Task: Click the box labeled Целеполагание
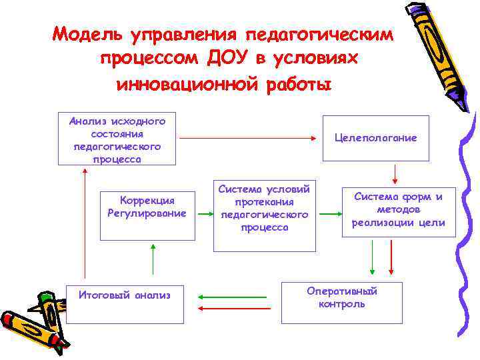376,138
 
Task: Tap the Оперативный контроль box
342,303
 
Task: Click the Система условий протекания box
265,215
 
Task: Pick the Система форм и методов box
399,209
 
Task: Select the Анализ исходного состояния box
117,139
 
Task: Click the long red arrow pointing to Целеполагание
247,139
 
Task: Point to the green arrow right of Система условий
330,214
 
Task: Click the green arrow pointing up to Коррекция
153,259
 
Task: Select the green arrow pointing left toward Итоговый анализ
225,297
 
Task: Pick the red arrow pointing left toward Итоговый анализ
225,308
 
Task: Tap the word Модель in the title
89,33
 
